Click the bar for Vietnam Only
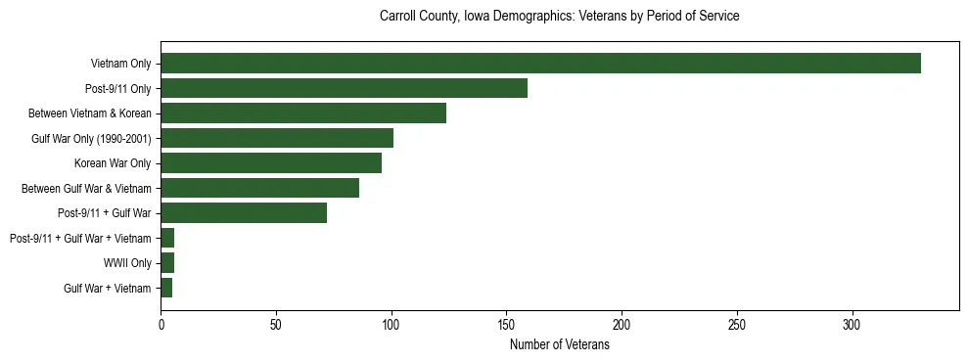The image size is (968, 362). tap(540, 64)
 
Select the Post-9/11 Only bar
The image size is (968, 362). tap(344, 88)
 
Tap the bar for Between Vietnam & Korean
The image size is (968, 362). tap(303, 113)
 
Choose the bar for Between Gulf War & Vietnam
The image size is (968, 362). tap(259, 188)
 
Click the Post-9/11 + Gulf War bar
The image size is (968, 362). tap(244, 213)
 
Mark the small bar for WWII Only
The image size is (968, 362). tap(167, 263)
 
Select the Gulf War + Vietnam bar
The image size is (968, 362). tap(166, 288)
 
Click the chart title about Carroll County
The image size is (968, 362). tap(559, 17)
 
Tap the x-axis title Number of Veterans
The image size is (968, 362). tap(559, 345)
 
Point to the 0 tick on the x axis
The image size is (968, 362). tap(161, 324)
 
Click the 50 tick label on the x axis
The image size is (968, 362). tap(276, 324)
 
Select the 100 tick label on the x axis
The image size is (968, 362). tap(392, 324)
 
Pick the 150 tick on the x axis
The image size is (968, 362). tap(506, 324)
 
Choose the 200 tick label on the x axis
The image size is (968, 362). tap(622, 324)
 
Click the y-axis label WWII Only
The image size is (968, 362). tap(127, 263)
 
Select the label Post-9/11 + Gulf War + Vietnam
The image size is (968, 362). tap(80, 238)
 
